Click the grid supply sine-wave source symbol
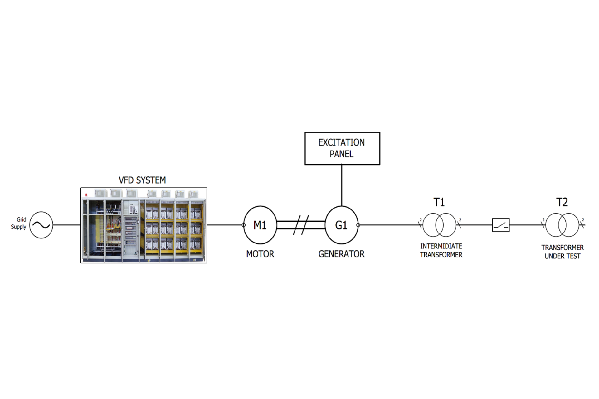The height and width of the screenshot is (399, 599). (41, 225)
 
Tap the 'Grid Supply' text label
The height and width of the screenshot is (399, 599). (19, 223)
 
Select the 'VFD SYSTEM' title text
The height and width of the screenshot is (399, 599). (142, 180)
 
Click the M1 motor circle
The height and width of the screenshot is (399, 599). (260, 225)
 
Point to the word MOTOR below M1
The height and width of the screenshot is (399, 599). (260, 254)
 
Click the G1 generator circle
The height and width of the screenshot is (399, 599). (341, 225)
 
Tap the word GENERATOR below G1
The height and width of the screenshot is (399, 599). (341, 254)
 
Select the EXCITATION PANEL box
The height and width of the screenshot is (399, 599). (342, 148)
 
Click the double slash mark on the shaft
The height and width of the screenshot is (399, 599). (301, 225)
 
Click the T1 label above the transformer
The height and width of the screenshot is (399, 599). (439, 203)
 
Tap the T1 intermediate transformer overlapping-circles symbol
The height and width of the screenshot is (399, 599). (440, 225)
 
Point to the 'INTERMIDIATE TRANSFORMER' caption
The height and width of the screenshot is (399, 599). (441, 251)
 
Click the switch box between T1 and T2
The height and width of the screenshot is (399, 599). (501, 225)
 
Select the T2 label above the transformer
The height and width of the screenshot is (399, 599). (562, 203)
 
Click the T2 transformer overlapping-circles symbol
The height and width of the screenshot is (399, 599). (562, 225)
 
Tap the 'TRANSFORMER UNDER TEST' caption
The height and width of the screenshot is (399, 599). (562, 252)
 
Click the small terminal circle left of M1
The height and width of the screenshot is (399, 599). (244, 225)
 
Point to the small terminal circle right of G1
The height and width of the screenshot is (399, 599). (358, 225)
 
